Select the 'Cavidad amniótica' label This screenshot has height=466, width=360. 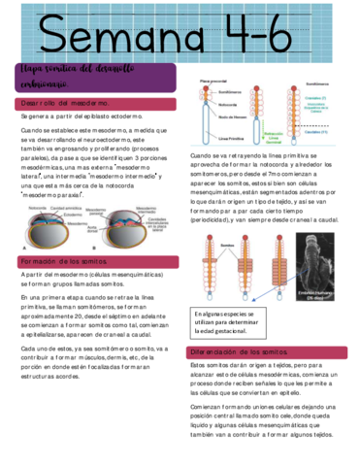click(69, 207)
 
